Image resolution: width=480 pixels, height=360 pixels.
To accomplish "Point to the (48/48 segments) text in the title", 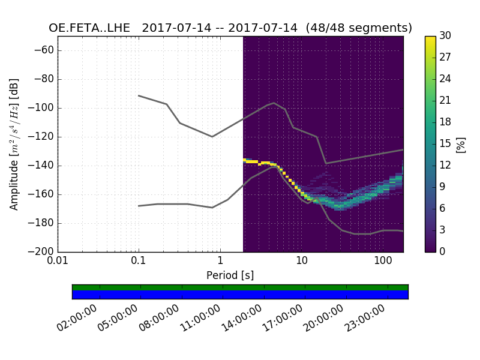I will pos(359,28).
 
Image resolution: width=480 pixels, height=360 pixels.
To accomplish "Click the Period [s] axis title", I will pos(230,275).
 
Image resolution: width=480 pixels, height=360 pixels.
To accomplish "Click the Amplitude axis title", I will pos(14,144).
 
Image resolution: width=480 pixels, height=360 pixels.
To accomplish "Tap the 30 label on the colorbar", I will pos(446,36).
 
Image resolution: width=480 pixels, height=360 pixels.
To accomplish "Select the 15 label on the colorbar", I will pos(446,144).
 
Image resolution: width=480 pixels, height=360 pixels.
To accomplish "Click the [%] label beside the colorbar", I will pos(461,144).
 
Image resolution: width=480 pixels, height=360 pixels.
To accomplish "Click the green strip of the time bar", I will pos(240,287).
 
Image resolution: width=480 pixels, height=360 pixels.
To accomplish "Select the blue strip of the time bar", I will pos(240,295).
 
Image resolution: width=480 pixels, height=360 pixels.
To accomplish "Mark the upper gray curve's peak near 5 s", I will pos(274,103).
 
